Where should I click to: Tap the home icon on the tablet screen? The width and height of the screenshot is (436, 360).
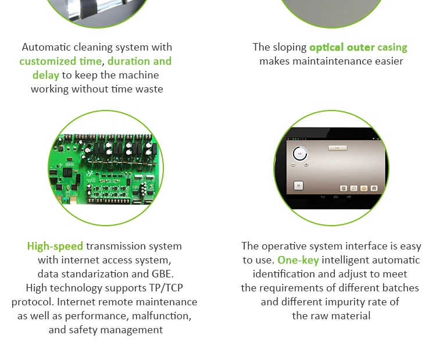374,188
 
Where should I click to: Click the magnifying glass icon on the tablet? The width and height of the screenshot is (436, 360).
353,188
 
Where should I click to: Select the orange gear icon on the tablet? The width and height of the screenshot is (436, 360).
364,188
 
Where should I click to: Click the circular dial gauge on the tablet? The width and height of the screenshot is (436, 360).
300,154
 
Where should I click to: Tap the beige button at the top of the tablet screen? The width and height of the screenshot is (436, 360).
338,148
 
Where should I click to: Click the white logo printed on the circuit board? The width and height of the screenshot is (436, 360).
90,173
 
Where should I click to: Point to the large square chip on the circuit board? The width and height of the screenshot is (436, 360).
67,173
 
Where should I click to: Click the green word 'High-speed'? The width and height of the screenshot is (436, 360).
55,246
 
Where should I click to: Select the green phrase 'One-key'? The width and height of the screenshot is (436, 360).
298,260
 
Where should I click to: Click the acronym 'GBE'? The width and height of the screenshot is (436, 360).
162,274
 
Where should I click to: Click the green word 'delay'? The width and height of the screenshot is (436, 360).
46,75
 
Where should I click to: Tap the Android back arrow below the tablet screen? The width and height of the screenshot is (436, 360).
323,197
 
